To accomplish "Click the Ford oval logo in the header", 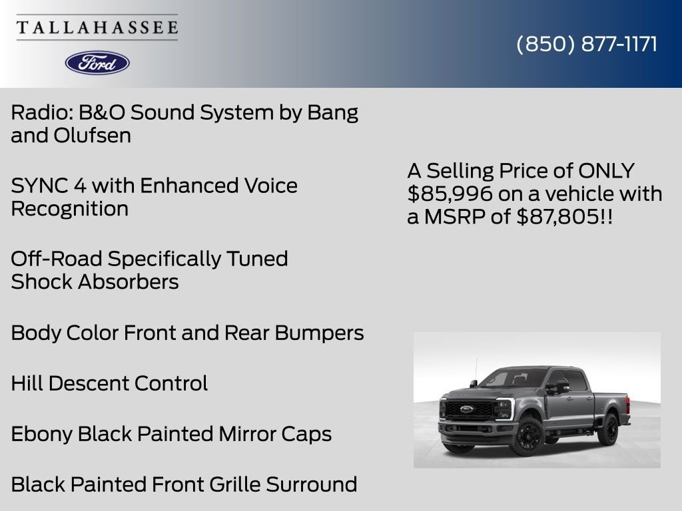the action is [x=97, y=63].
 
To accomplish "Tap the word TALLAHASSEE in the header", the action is [x=97, y=27].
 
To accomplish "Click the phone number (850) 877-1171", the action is [x=587, y=45].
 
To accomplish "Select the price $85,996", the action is [x=450, y=194].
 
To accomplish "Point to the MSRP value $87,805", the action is [x=558, y=216].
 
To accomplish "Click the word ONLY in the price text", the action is [x=606, y=171].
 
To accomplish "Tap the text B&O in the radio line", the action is [x=102, y=112].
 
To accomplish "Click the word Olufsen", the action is [x=92, y=136].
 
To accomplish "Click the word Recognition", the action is [x=69, y=209].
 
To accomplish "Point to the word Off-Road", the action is [x=57, y=259].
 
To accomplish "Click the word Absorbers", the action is [x=129, y=282].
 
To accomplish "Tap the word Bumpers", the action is [x=319, y=333].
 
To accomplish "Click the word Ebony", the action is [x=42, y=434].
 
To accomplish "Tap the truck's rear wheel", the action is [x=609, y=429].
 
